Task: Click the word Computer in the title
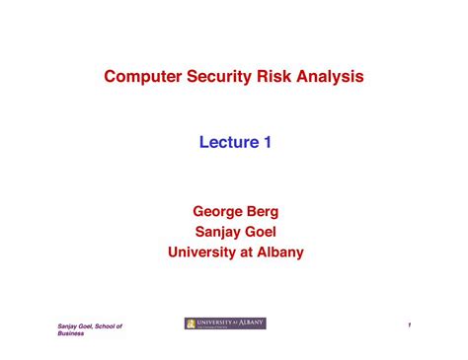click(x=144, y=76)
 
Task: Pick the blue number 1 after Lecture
click(x=268, y=143)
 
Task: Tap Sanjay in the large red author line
click(x=217, y=231)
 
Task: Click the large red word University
click(x=207, y=252)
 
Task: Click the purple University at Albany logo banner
click(x=226, y=324)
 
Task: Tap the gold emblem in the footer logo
click(x=191, y=324)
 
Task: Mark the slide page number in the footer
click(x=407, y=325)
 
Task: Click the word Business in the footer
click(x=70, y=333)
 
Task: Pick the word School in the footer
click(x=102, y=325)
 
